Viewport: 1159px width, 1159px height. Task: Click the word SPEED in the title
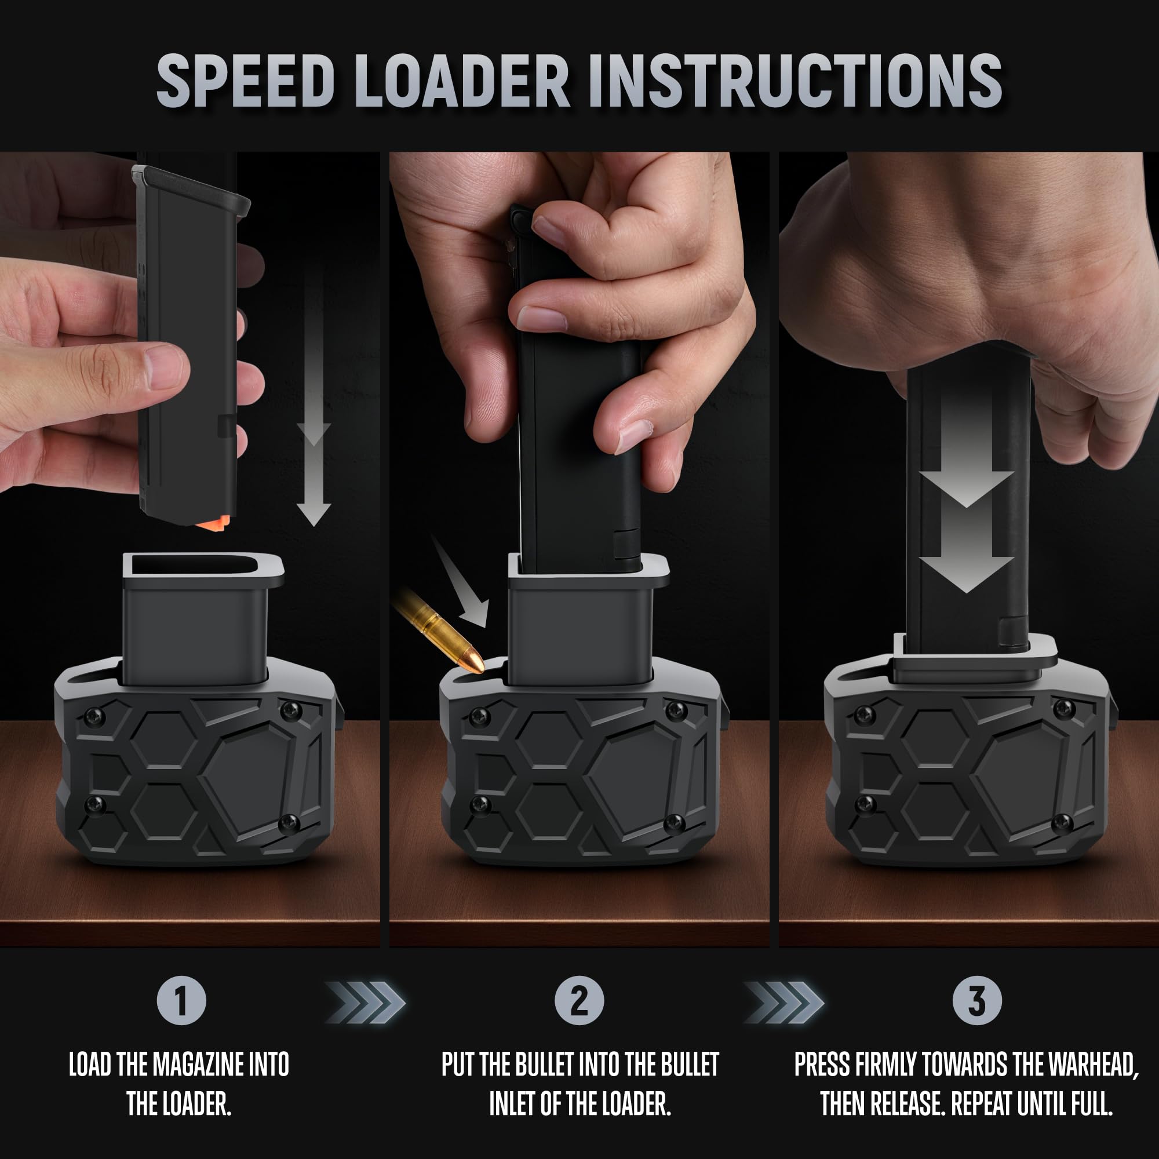pos(245,81)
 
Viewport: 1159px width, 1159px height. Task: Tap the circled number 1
pos(181,1001)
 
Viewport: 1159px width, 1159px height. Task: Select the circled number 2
pos(579,1001)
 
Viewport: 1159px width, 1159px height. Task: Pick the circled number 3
pos(977,1001)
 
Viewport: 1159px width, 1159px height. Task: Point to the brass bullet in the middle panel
pos(438,630)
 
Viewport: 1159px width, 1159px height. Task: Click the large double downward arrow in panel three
pos(967,528)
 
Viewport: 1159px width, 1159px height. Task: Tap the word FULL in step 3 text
pos(1093,1104)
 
